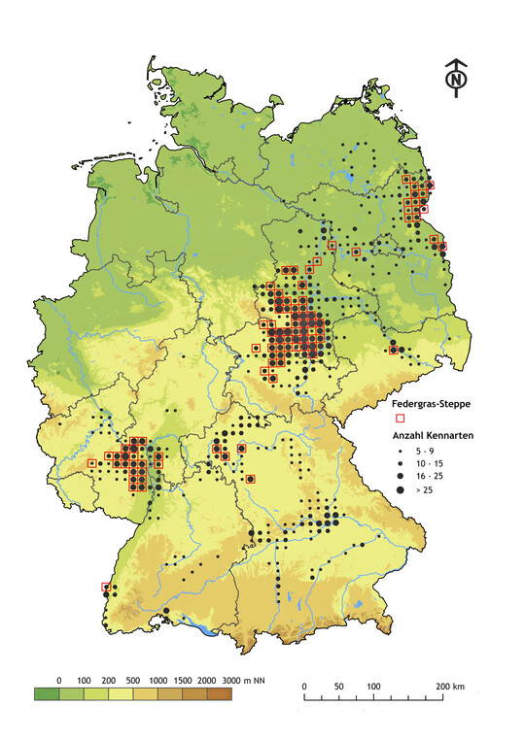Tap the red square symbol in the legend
[400, 419]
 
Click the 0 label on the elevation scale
[59, 679]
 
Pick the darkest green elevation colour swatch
[47, 694]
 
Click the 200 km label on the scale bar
[449, 687]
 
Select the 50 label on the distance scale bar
[339, 687]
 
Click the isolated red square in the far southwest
[106, 587]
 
